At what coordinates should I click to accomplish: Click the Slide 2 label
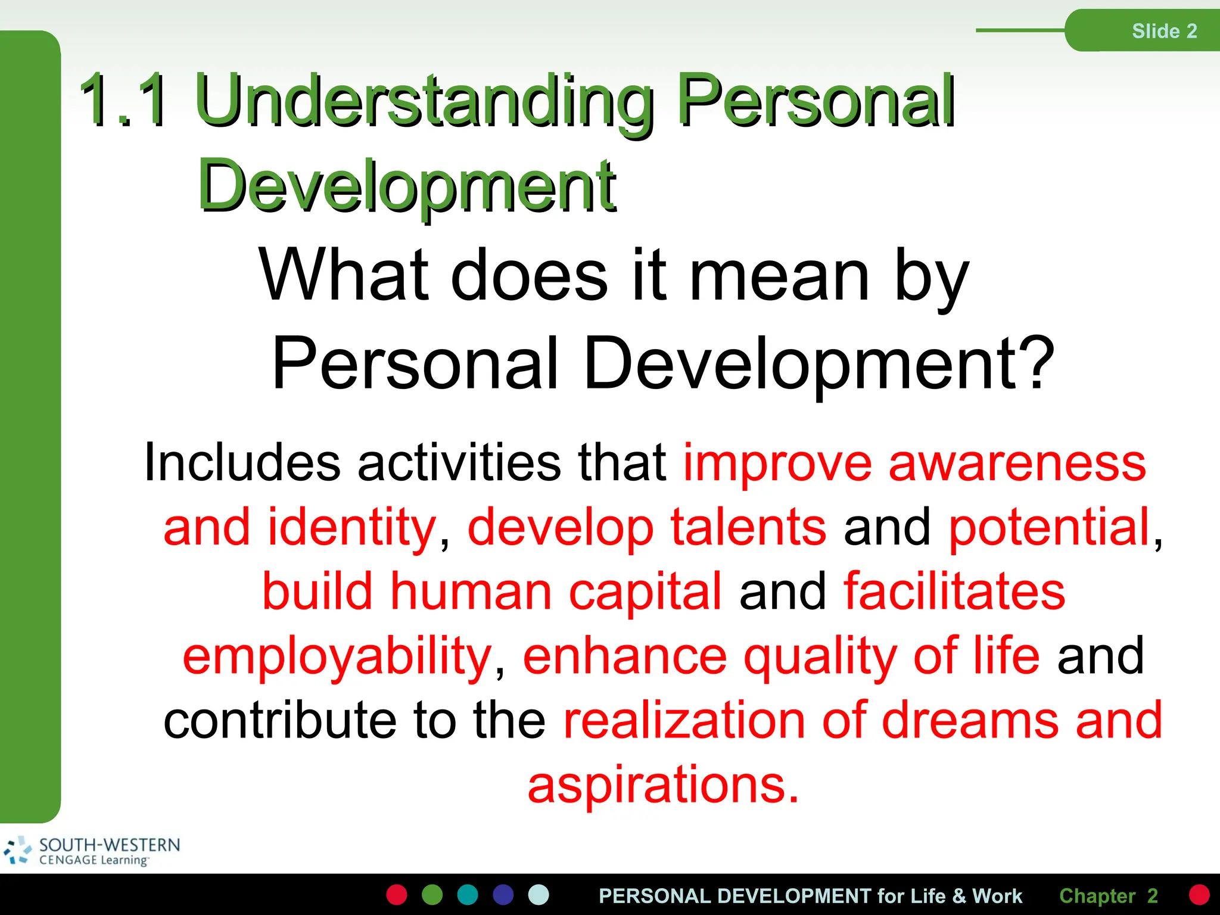[1164, 31]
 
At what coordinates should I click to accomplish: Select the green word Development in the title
[407, 186]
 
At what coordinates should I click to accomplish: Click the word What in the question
[344, 275]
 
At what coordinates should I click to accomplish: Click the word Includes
[242, 462]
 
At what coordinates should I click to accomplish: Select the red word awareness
[1017, 463]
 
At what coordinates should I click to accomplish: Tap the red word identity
[352, 527]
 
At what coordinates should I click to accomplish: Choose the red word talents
[748, 527]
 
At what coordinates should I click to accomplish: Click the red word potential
[1049, 527]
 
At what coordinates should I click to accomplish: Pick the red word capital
[645, 592]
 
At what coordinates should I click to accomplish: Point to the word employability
[337, 657]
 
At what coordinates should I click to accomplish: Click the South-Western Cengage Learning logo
[92, 851]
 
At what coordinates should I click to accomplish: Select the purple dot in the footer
[503, 895]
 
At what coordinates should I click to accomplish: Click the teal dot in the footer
[468, 895]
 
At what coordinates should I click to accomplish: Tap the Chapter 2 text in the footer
[1108, 895]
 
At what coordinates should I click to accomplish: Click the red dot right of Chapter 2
[1199, 895]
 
